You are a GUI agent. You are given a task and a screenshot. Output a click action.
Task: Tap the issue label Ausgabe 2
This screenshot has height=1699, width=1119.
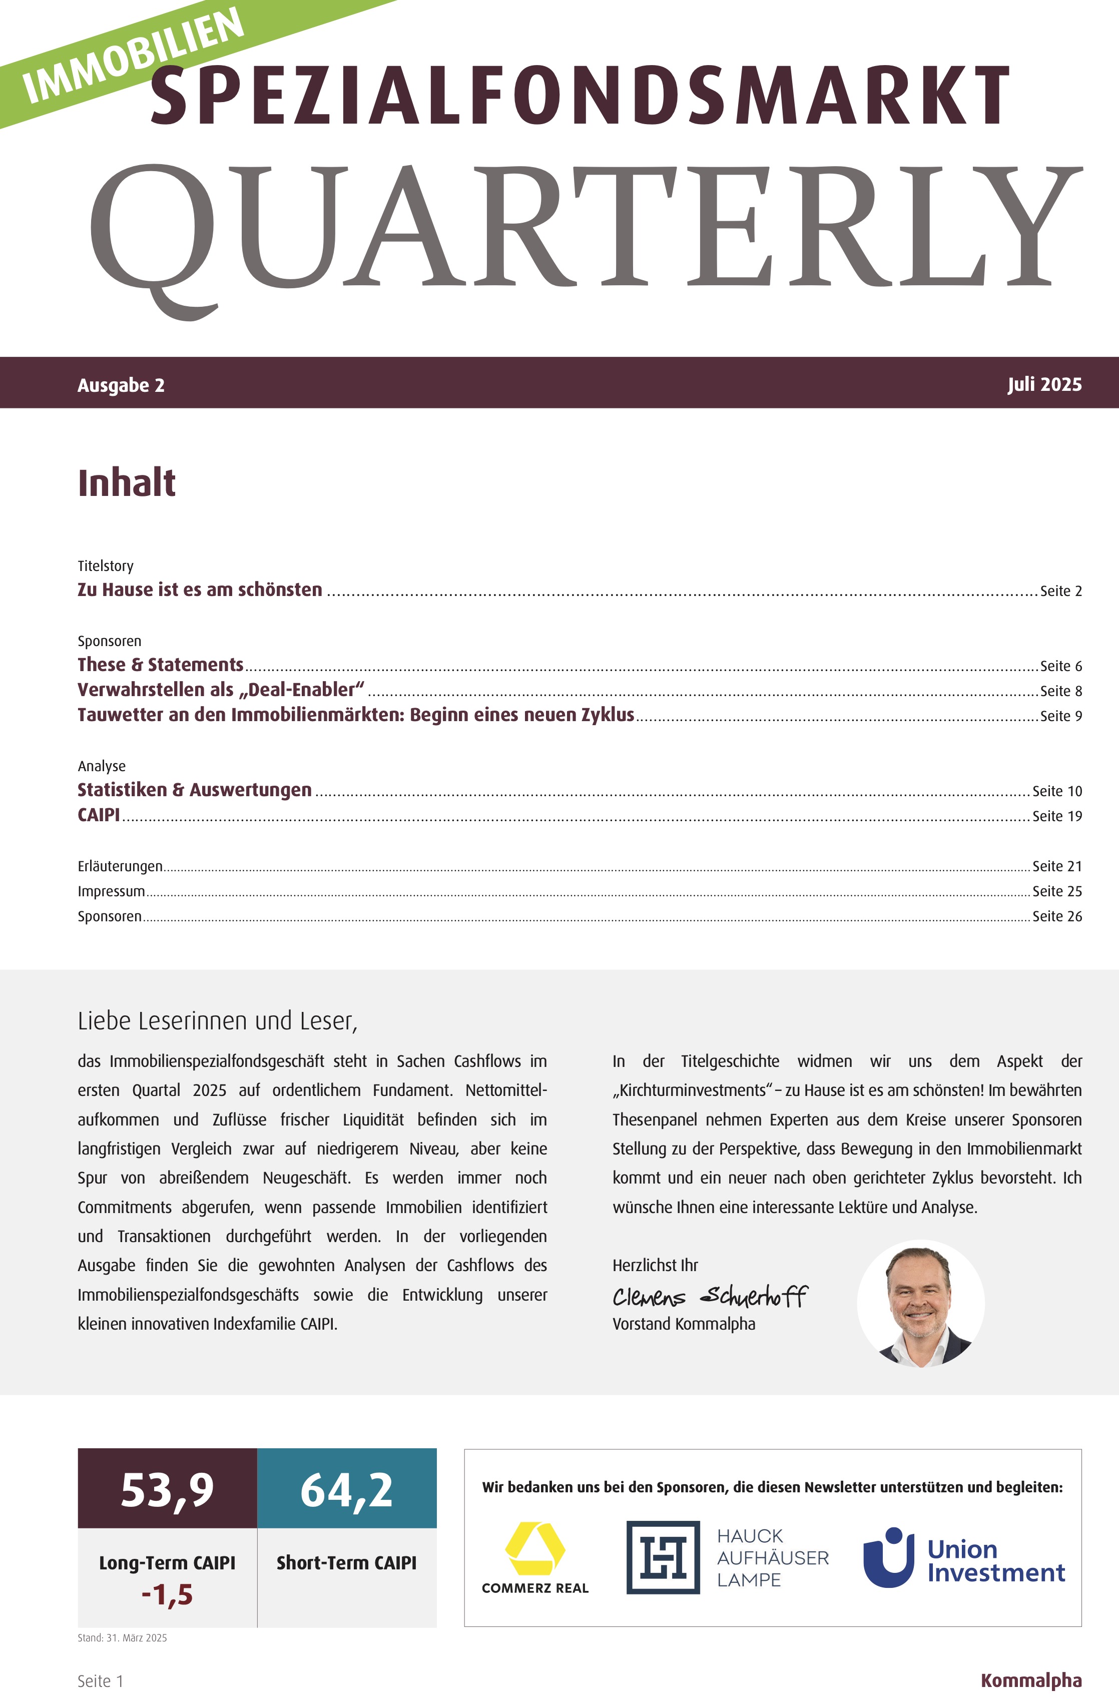[x=121, y=385]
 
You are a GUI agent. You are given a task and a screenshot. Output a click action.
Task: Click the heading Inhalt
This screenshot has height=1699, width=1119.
[x=126, y=483]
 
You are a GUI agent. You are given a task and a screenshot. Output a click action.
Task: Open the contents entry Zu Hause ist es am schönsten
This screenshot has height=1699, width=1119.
[x=200, y=590]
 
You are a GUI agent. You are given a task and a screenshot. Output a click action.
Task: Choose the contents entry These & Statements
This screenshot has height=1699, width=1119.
[x=161, y=665]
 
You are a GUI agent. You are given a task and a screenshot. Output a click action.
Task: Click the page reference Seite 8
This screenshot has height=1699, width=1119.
[x=1060, y=691]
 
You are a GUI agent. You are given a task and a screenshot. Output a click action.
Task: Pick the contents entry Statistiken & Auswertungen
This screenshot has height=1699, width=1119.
[x=194, y=790]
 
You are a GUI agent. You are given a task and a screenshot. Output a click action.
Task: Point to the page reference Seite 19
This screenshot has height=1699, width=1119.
[x=1057, y=816]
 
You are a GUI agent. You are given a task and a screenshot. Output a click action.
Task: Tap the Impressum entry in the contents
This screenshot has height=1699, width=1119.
[x=111, y=891]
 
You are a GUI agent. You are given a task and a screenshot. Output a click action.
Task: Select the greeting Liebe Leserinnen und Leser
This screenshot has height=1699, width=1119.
[x=218, y=1021]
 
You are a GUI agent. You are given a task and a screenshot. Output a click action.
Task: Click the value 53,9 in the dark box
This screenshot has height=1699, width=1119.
[x=167, y=1490]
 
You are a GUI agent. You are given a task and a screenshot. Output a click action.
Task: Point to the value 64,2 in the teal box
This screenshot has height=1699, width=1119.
[x=347, y=1490]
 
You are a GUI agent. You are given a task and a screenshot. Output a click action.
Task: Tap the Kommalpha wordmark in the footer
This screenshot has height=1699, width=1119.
[x=1030, y=1680]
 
